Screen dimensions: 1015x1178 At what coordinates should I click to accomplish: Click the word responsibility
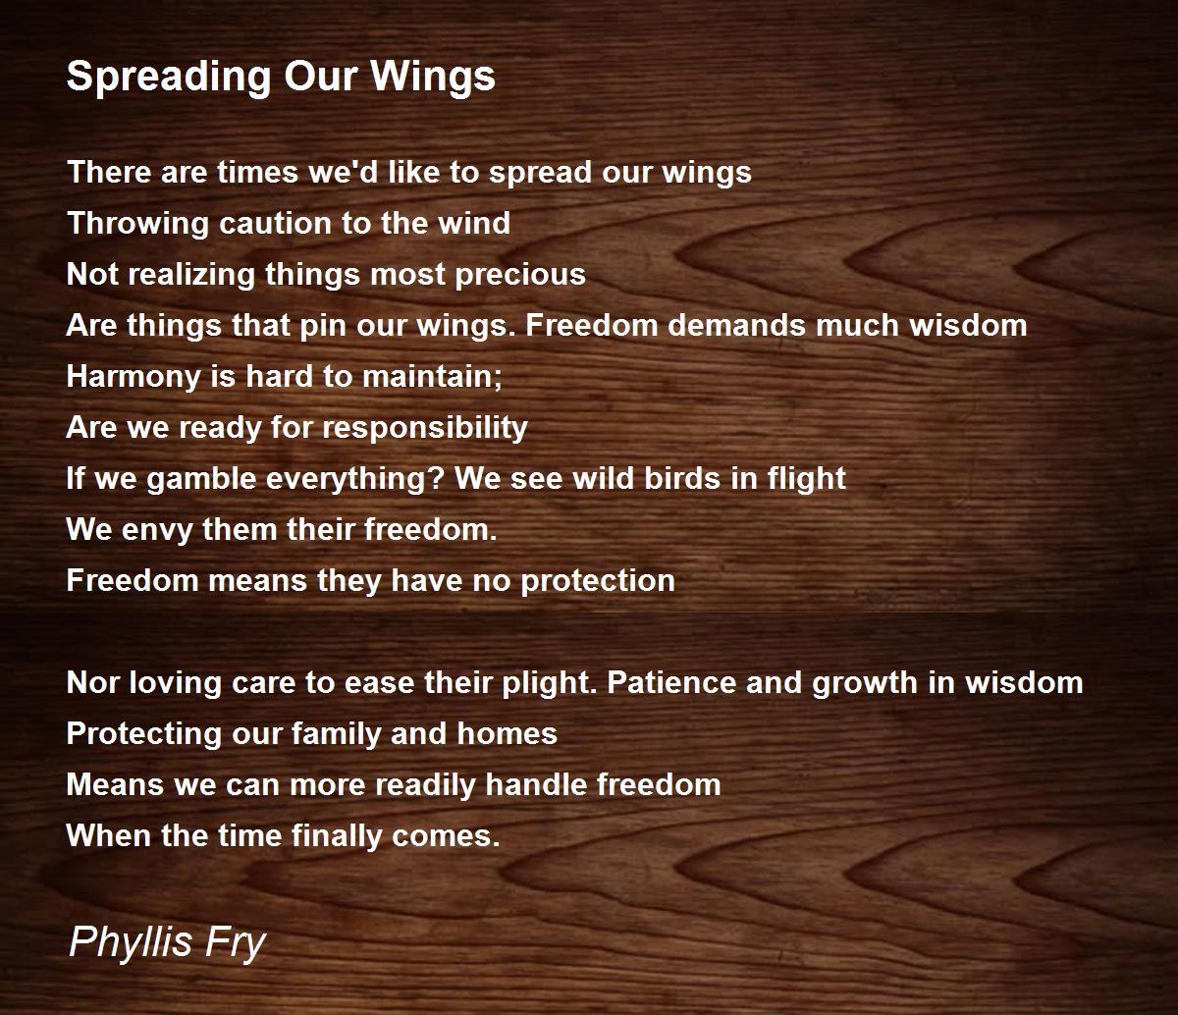coord(424,427)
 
